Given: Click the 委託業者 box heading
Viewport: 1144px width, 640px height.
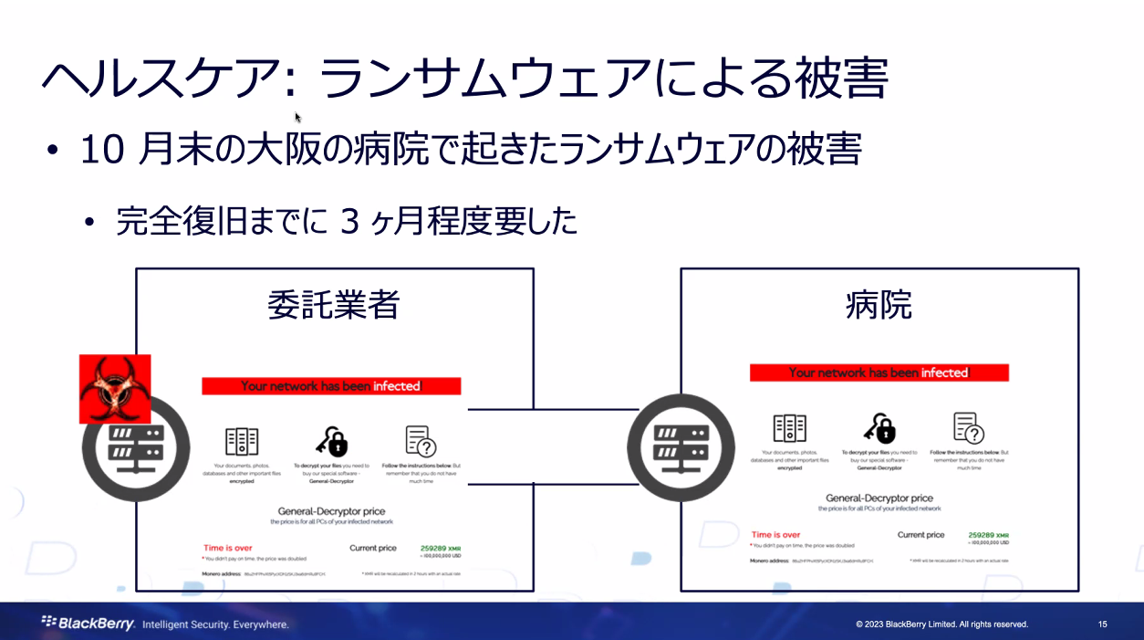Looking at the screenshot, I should click(334, 304).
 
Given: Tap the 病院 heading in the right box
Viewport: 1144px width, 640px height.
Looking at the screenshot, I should click(879, 304).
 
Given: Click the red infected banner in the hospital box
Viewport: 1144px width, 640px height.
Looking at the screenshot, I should click(879, 372).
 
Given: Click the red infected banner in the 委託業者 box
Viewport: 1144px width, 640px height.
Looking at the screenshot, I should click(331, 386).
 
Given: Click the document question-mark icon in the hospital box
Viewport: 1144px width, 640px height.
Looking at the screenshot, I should click(968, 427).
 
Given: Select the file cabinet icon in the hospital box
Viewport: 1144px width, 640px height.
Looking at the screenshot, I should click(789, 427).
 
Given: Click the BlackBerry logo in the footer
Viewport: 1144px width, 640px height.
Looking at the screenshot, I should click(88, 624).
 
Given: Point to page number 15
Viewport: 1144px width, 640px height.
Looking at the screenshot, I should click(1102, 624).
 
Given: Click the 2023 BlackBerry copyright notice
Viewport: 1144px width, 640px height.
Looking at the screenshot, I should click(941, 624).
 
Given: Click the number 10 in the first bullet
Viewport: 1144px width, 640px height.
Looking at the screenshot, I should click(101, 150).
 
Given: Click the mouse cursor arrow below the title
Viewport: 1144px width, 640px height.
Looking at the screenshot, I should click(297, 117).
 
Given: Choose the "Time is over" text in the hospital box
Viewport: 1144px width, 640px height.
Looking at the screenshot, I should click(775, 535).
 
